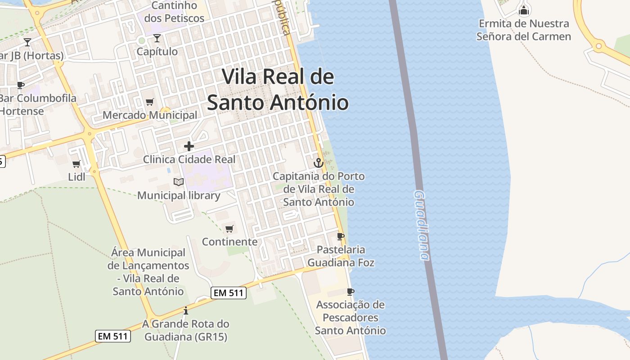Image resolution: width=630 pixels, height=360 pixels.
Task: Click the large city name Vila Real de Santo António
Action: [x=278, y=90]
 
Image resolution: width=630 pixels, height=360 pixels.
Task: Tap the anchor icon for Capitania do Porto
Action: [x=319, y=162]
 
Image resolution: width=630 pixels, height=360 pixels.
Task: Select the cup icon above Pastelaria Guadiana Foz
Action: [x=341, y=236]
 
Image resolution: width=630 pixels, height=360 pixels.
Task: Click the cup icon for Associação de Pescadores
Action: [x=351, y=292]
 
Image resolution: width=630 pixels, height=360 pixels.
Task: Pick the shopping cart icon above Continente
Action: [x=229, y=229]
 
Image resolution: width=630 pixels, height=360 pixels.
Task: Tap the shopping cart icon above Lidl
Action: [x=76, y=164]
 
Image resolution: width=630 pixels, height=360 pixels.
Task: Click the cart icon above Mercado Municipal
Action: [x=150, y=102]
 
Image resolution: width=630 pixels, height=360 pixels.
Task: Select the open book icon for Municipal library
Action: [x=179, y=182]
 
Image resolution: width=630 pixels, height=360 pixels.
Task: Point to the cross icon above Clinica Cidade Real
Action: [x=189, y=146]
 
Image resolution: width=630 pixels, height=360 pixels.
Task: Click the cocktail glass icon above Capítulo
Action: [x=157, y=38]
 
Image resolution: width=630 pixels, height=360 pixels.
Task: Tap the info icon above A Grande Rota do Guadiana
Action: [x=185, y=310]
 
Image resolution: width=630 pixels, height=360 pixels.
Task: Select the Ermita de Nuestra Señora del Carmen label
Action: [x=524, y=30]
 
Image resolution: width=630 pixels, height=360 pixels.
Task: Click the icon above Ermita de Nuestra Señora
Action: [x=524, y=9]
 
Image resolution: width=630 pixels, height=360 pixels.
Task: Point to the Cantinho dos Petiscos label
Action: [x=174, y=12]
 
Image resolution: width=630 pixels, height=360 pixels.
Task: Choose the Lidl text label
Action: [x=76, y=176]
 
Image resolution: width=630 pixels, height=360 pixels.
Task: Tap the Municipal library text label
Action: [x=179, y=195]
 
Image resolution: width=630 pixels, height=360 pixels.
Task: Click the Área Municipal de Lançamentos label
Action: [x=148, y=272]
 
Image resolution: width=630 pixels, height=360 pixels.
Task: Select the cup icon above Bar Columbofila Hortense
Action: [x=20, y=85]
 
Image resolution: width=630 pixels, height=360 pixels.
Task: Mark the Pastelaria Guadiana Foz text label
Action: [x=341, y=256]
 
